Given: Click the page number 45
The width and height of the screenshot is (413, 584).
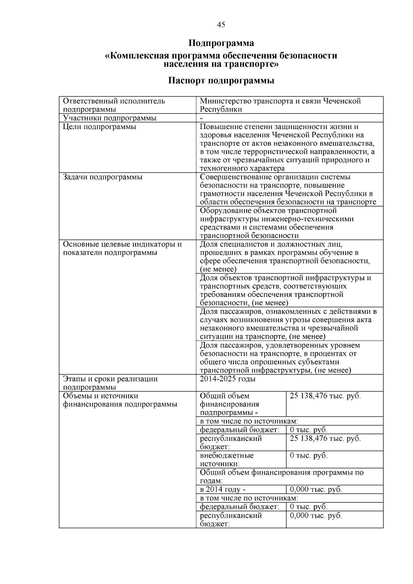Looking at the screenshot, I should (x=221, y=24).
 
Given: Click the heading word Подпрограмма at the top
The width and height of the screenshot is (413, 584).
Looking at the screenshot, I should (x=221, y=43).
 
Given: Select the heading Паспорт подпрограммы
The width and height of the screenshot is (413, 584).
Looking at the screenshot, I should (x=221, y=81).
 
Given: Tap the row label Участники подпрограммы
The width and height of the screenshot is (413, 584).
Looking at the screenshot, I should (x=109, y=118).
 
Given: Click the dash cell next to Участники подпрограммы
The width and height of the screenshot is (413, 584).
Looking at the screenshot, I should (x=201, y=118).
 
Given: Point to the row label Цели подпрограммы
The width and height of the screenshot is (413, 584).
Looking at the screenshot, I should (x=99, y=127).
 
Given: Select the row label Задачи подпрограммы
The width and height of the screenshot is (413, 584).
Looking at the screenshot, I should (x=103, y=177).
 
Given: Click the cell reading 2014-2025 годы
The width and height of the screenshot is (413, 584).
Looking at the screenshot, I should (x=228, y=379).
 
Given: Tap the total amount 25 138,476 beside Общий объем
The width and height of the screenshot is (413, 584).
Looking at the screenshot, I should (x=325, y=396).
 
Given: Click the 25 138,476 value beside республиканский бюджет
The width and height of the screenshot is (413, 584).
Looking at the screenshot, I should (x=325, y=438).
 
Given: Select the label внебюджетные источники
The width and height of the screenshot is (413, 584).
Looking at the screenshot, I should (x=226, y=459).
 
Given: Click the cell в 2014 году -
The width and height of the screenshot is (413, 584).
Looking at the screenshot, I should (x=223, y=489).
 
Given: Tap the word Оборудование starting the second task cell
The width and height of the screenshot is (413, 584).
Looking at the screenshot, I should (x=225, y=211).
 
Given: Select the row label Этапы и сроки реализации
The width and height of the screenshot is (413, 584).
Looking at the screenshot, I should (x=110, y=379).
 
